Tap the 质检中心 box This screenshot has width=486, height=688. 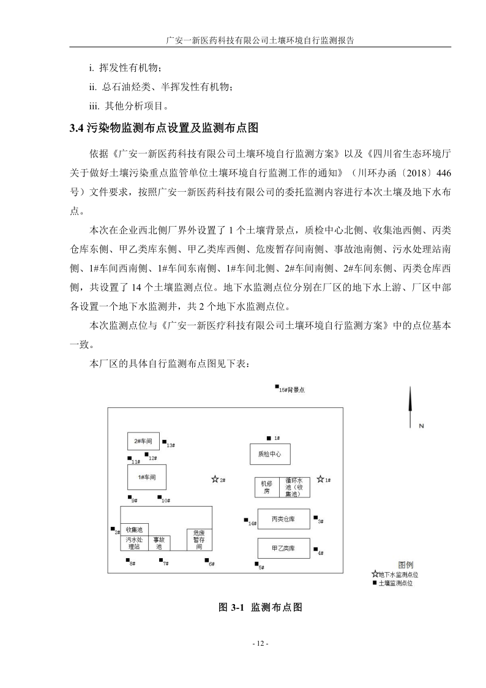[x=269, y=454]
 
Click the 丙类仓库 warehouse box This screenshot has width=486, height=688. [x=283, y=518]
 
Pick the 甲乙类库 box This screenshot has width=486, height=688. [x=283, y=548]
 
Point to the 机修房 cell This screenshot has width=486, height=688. [x=266, y=488]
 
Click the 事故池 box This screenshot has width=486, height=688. [x=159, y=543]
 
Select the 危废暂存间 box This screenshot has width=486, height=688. [x=199, y=540]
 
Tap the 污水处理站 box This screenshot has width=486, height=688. [x=134, y=543]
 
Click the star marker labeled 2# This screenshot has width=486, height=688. [x=214, y=480]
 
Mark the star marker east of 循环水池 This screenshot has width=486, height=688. [x=318, y=480]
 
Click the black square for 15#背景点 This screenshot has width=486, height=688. [x=276, y=387]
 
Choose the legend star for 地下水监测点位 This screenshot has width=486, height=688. [x=375, y=574]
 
